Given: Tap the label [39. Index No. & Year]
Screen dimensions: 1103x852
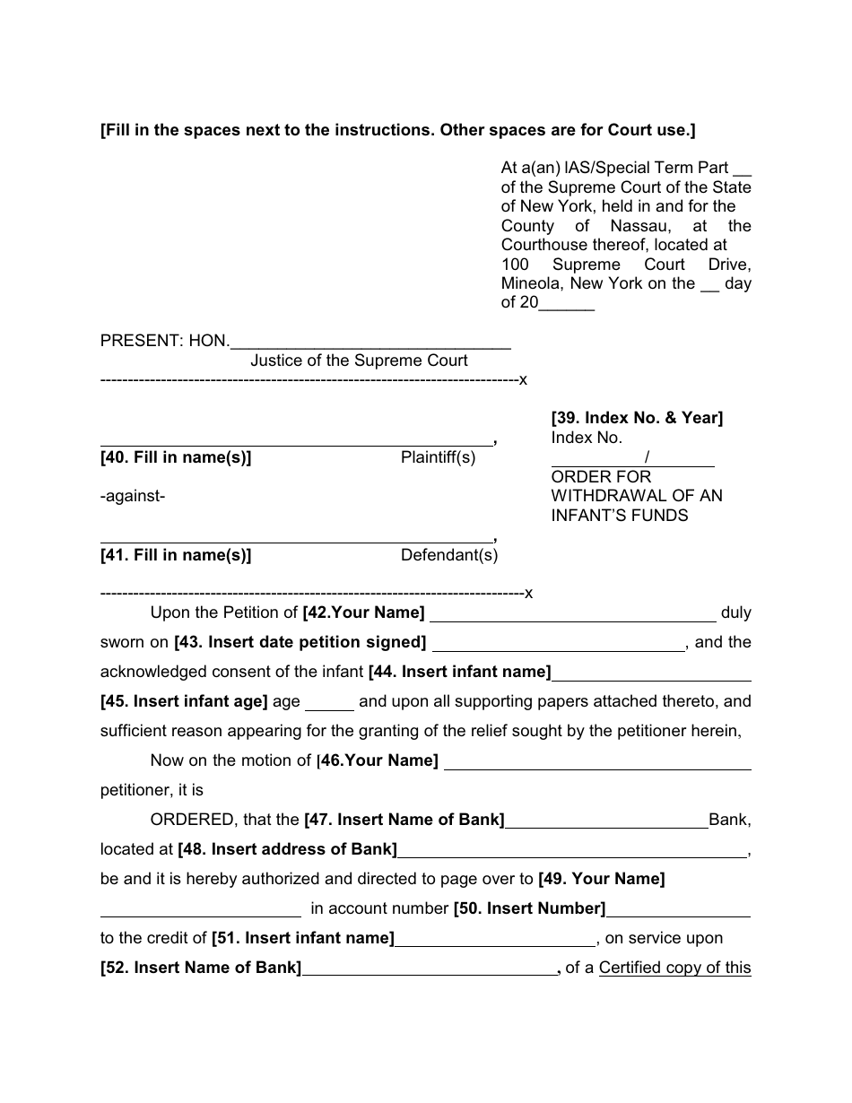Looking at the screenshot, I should click(637, 418).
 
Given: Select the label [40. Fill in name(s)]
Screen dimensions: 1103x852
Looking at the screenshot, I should click(176, 458).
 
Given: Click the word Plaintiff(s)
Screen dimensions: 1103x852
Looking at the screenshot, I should click(438, 458).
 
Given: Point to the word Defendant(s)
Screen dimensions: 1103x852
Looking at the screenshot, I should click(448, 555).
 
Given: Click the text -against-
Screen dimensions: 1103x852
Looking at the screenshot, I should click(133, 496).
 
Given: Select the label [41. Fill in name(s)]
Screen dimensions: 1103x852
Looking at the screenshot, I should click(176, 555).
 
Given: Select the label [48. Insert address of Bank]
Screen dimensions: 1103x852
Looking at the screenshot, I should click(287, 849).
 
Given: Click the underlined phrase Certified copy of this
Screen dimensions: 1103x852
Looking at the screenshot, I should click(674, 968).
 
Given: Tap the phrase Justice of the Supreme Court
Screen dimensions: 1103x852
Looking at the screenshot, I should click(359, 360).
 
